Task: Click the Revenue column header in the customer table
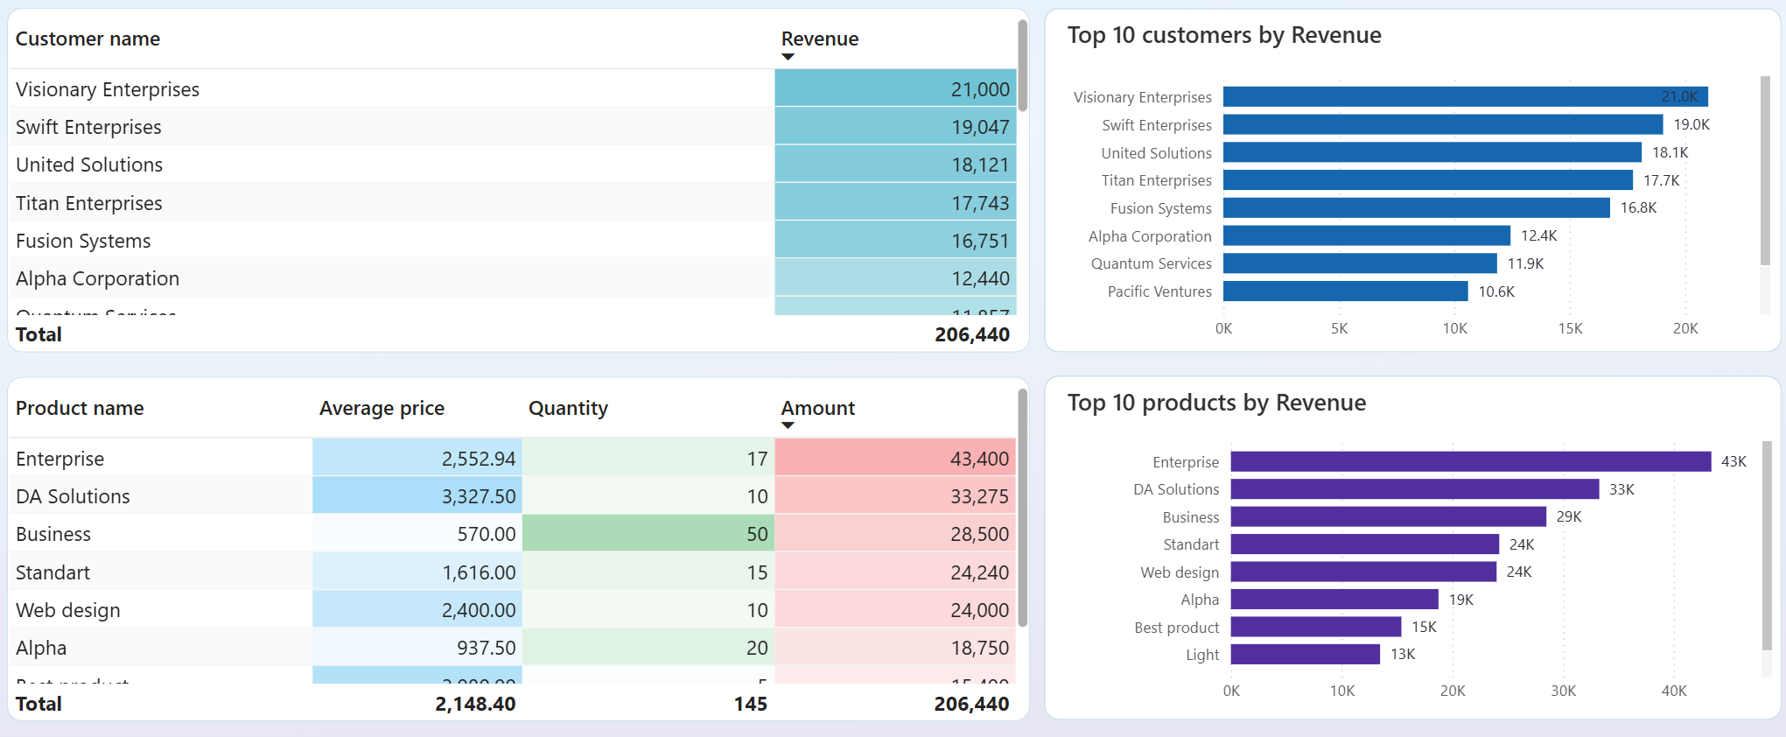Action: tap(819, 39)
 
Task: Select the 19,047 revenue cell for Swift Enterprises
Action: tap(980, 127)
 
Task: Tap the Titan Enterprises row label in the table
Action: tap(89, 203)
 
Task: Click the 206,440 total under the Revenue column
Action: tap(971, 334)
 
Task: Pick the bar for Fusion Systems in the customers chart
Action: tap(1416, 207)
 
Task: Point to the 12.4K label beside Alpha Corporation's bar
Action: tap(1538, 235)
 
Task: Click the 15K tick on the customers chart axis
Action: tap(1570, 328)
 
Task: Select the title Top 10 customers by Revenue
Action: tap(1223, 35)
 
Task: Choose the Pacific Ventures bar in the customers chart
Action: tap(1345, 291)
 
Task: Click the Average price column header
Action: tap(382, 408)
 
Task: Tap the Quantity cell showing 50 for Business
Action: tap(757, 534)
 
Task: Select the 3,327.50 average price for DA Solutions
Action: tap(478, 496)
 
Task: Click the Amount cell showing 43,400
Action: tap(979, 459)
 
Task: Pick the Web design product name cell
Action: tap(68, 610)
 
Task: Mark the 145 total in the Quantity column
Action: tap(750, 704)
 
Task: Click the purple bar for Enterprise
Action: tap(1470, 461)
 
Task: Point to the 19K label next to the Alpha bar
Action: tap(1460, 600)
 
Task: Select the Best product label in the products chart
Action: tap(1176, 628)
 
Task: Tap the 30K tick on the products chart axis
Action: tap(1563, 691)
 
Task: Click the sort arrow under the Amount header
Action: tap(788, 425)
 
